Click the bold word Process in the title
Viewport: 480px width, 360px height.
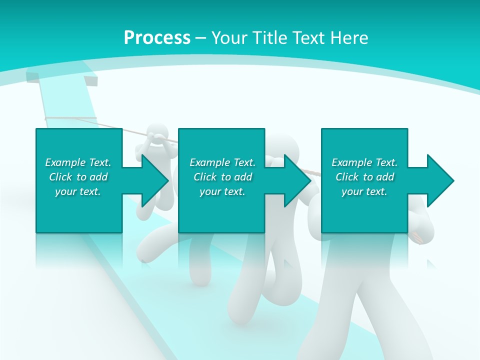coord(157,37)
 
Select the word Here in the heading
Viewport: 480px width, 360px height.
coord(349,37)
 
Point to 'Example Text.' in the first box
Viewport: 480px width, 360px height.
coord(78,162)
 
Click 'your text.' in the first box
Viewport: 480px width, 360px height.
coord(78,191)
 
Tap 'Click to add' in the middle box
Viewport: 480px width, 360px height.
coord(222,177)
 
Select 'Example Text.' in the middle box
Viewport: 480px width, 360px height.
coord(222,162)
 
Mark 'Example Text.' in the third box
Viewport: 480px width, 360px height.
coord(364,162)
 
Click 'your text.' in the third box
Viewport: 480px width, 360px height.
coord(364,191)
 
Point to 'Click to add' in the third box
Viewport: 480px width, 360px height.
coord(364,177)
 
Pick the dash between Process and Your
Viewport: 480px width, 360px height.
coord(201,38)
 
